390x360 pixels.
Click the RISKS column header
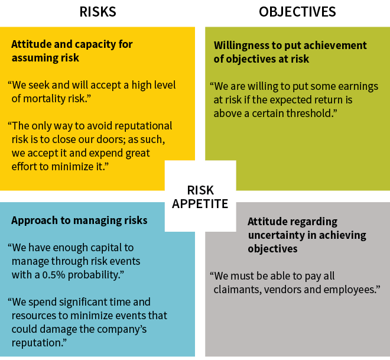(x=97, y=12)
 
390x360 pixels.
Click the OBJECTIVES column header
(x=297, y=12)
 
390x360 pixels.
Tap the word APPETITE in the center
(x=200, y=204)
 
